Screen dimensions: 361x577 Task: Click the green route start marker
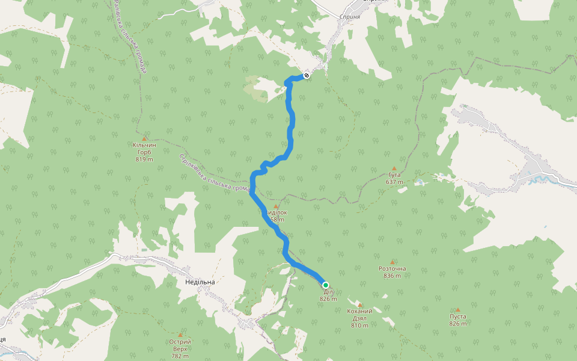[x=325, y=285]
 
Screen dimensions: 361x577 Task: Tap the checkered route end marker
[x=307, y=75]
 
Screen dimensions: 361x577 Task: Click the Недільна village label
[x=200, y=282]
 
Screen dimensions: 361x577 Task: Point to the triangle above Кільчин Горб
[x=144, y=138]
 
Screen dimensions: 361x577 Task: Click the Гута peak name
[x=394, y=175]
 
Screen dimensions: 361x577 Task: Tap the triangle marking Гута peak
[x=394, y=168]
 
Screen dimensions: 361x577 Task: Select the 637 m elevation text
[x=394, y=182]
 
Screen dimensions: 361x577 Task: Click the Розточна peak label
[x=392, y=269]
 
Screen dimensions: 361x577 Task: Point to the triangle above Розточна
[x=392, y=262]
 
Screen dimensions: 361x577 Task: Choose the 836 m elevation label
[x=392, y=276]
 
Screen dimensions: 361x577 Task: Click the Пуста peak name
[x=457, y=316]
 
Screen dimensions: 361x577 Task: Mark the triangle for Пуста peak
[x=457, y=310]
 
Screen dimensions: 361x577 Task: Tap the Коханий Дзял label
[x=359, y=315]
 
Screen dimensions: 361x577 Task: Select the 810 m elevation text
[x=359, y=326]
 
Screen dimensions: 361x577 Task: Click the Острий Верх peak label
[x=180, y=345]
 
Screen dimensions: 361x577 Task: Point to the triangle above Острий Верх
[x=180, y=334]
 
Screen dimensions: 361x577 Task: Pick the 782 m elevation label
[x=180, y=356]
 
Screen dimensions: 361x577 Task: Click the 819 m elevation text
[x=144, y=159]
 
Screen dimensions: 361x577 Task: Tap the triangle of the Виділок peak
[x=276, y=206]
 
